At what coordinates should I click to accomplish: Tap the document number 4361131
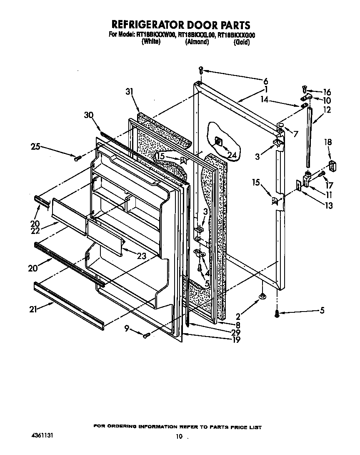tap(42, 435)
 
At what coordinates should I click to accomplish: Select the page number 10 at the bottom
tap(179, 437)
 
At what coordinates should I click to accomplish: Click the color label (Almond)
tap(197, 42)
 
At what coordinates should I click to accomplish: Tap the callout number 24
tap(232, 156)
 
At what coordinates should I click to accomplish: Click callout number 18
tap(328, 143)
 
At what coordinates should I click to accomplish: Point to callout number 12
tap(327, 110)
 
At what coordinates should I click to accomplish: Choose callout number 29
tap(236, 332)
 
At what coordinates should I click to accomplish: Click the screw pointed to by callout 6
tap(201, 70)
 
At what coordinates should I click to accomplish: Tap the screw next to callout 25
tap(77, 158)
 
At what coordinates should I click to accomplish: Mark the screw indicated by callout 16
tap(305, 89)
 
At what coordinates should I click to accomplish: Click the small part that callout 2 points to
tap(262, 296)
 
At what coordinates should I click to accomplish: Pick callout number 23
tap(142, 256)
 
